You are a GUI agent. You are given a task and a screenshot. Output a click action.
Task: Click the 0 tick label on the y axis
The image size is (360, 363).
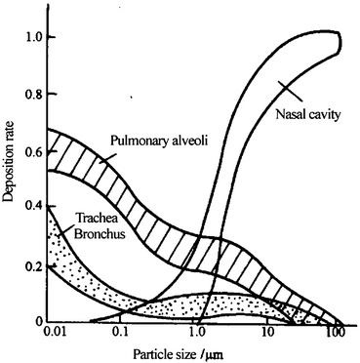click(38, 321)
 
